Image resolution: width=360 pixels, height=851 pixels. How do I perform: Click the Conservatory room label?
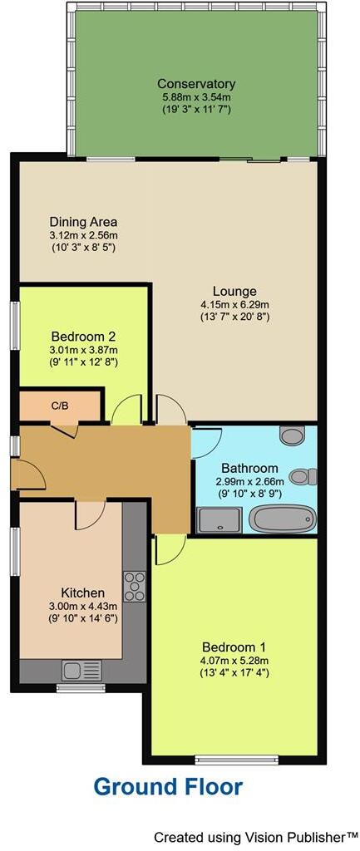[x=196, y=84]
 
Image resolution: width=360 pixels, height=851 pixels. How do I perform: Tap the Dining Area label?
[x=83, y=222]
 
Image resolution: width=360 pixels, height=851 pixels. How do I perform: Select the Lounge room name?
[x=229, y=291]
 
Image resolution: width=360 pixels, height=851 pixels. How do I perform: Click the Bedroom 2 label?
[x=83, y=337]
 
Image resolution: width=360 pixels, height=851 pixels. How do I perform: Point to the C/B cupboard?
[x=60, y=406]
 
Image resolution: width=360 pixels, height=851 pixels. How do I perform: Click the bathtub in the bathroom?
[x=283, y=520]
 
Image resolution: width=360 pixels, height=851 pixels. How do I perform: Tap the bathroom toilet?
[x=307, y=476]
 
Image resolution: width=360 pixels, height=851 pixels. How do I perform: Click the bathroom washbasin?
[x=293, y=436]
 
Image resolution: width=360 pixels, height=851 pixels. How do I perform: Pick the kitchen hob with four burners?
[x=134, y=586]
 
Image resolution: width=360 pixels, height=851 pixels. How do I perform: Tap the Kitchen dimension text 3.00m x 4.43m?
[x=83, y=608]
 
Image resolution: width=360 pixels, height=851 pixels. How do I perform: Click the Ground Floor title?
[x=168, y=786]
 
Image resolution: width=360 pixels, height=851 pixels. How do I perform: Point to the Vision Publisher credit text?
[x=256, y=835]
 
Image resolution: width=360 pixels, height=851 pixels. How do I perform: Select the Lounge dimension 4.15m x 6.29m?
[x=229, y=304]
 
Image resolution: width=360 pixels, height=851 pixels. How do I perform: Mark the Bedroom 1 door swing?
[x=169, y=548]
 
